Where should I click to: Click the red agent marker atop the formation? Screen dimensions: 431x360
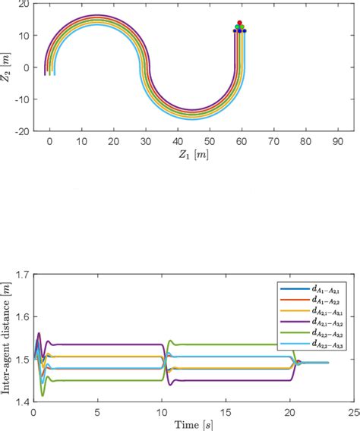click(239, 23)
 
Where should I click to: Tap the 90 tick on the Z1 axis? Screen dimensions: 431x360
click(336, 140)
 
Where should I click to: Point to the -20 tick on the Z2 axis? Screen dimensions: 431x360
click(24, 131)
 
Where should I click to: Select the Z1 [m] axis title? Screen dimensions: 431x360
click(188, 155)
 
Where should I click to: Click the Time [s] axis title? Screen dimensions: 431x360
click(189, 423)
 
